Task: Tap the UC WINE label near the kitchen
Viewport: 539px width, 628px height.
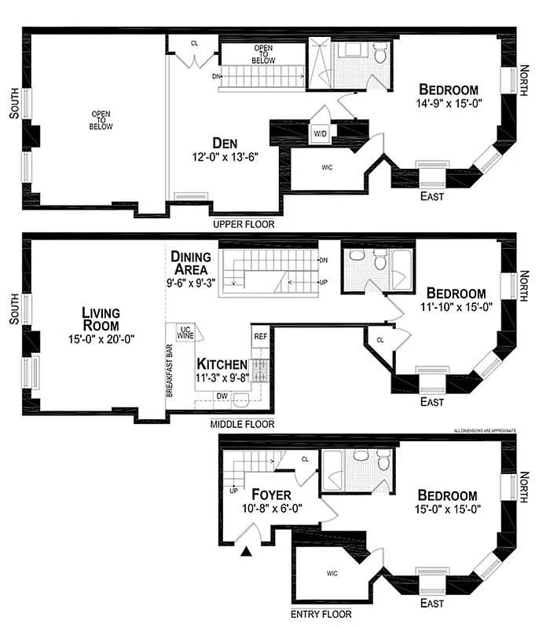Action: click(x=186, y=332)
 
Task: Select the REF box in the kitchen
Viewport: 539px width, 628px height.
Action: click(x=260, y=336)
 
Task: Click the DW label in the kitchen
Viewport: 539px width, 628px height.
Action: click(x=222, y=396)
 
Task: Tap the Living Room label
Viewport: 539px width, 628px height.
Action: click(x=101, y=319)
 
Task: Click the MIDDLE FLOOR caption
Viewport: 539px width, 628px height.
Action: click(x=242, y=424)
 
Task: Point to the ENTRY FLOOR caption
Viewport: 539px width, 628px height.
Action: click(x=321, y=614)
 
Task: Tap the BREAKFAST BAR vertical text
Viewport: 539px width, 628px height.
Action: click(x=169, y=369)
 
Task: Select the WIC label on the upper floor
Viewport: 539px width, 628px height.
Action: click(x=327, y=167)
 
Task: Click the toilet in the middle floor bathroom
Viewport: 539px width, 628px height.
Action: click(x=381, y=258)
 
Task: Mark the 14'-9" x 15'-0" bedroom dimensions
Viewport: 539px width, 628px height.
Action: click(x=449, y=103)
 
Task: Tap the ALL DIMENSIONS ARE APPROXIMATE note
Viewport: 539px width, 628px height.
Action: click(x=485, y=431)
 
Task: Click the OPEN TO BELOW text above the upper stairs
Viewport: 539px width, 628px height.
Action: click(x=262, y=53)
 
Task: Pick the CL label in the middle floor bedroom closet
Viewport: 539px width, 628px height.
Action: click(x=379, y=341)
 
